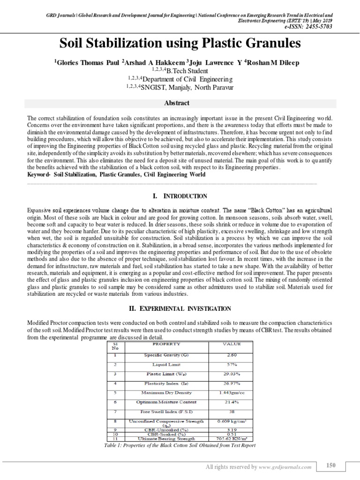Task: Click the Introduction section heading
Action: [x=176, y=195]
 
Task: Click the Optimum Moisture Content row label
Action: [x=166, y=402]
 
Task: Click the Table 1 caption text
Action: [x=180, y=445]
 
